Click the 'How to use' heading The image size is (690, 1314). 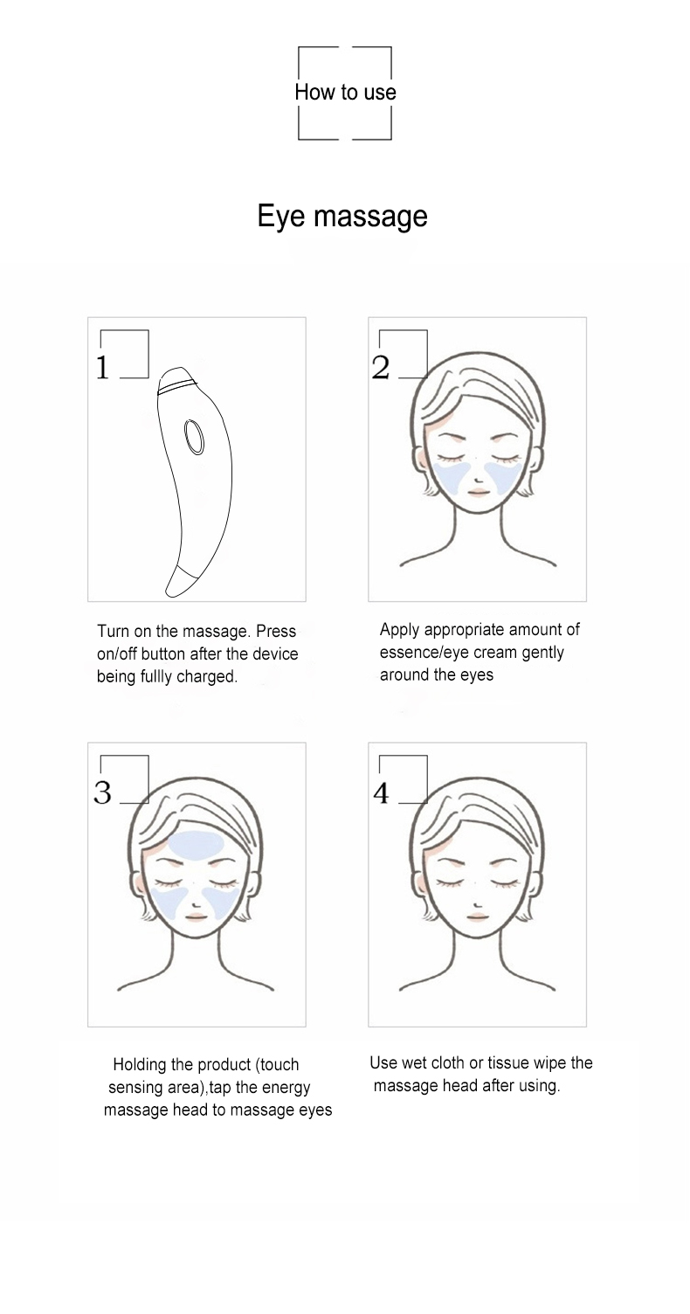pyautogui.click(x=345, y=92)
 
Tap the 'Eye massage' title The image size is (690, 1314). pyautogui.click(x=342, y=217)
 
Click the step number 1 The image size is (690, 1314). pyautogui.click(x=102, y=368)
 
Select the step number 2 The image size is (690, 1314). pyautogui.click(x=381, y=368)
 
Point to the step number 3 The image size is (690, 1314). pyautogui.click(x=102, y=792)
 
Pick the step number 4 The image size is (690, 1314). pyautogui.click(x=381, y=793)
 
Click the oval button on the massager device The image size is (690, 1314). pyautogui.click(x=194, y=437)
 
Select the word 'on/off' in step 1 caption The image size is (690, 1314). pyautogui.click(x=117, y=654)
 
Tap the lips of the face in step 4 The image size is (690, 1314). pyautogui.click(x=477, y=916)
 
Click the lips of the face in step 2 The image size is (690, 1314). pyautogui.click(x=477, y=492)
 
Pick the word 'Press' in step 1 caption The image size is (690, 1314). pyautogui.click(x=276, y=631)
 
